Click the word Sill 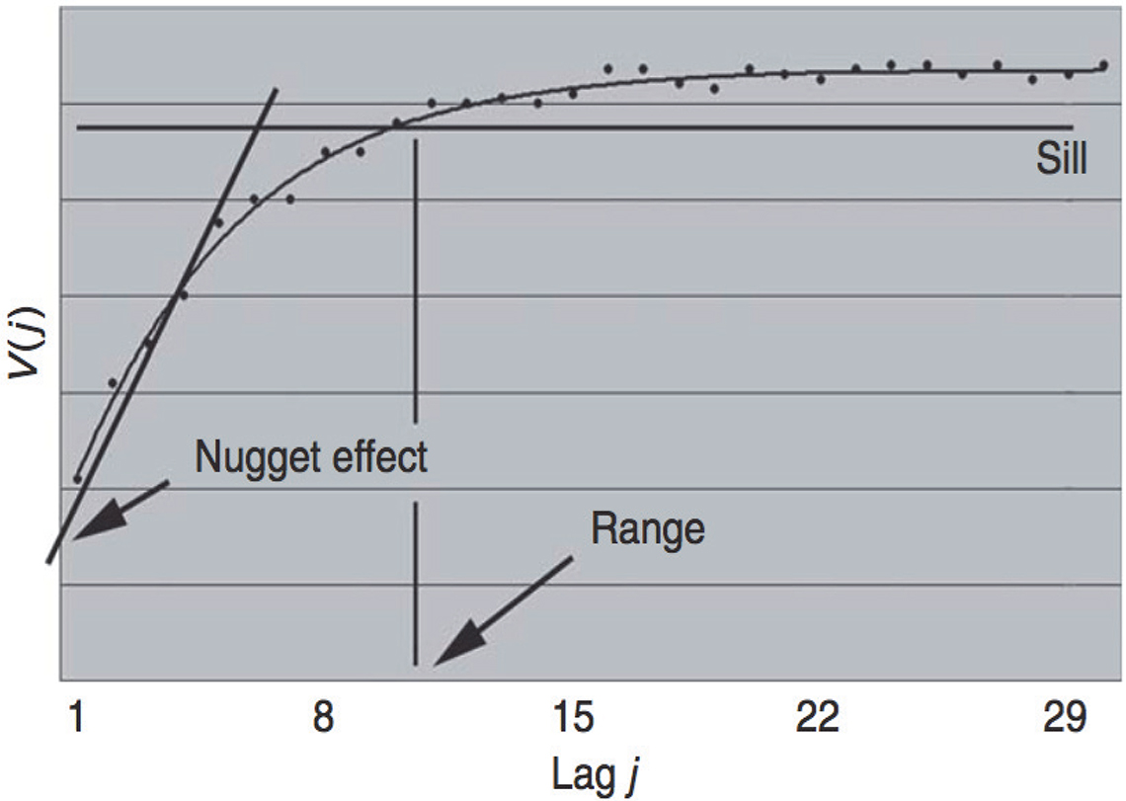click(x=1062, y=159)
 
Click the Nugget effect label click(x=311, y=457)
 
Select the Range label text click(x=648, y=529)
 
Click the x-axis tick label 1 click(x=75, y=718)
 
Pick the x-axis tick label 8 click(x=323, y=718)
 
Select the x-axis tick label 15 click(x=572, y=718)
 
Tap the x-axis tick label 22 click(x=818, y=718)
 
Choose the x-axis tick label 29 click(x=1065, y=718)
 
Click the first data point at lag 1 click(x=77, y=479)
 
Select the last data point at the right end click(x=1103, y=65)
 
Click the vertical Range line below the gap click(x=416, y=583)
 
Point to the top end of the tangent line click(x=277, y=90)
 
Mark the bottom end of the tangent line click(x=48, y=562)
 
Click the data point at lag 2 click(x=113, y=382)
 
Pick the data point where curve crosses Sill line click(x=396, y=123)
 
